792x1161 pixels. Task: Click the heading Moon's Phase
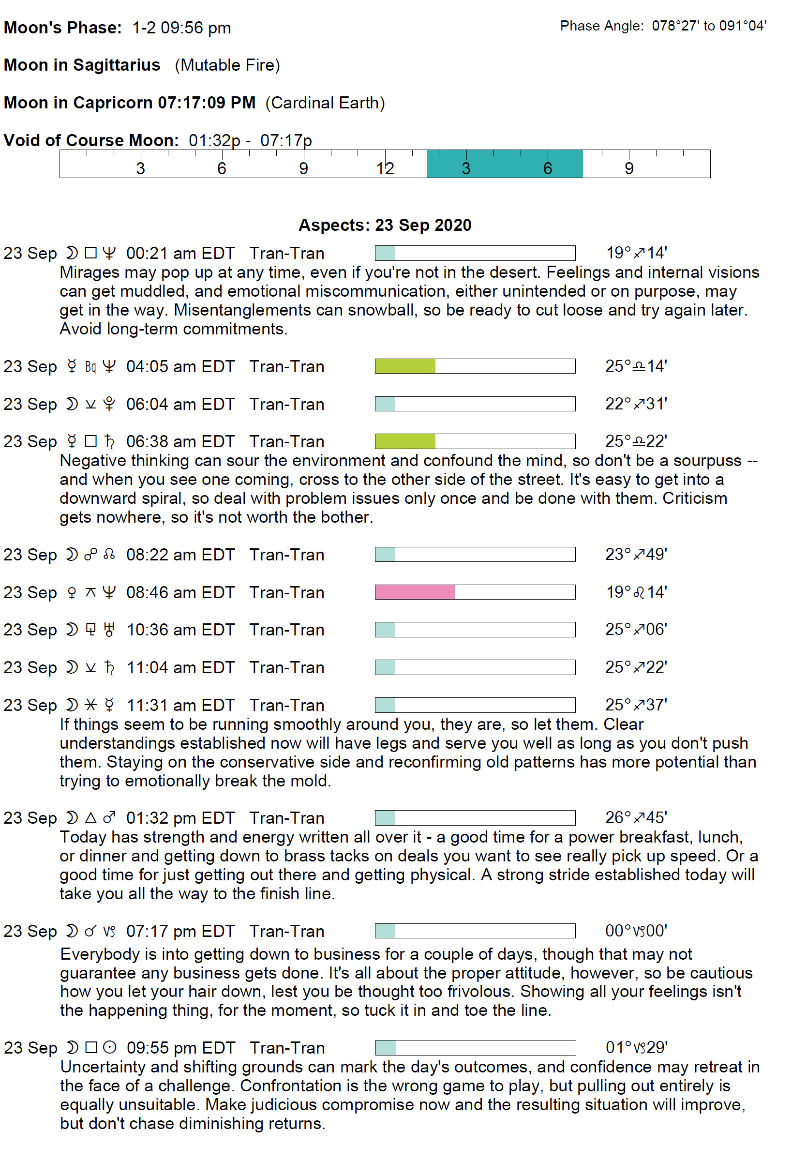pyautogui.click(x=62, y=28)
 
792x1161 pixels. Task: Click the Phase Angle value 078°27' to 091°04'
pyautogui.click(x=709, y=26)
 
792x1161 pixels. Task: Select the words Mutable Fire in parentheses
pyautogui.click(x=227, y=65)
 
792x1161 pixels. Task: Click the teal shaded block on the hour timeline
pyautogui.click(x=504, y=164)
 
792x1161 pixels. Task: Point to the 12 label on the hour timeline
pyautogui.click(x=385, y=169)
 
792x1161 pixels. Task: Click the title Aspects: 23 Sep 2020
pyautogui.click(x=385, y=226)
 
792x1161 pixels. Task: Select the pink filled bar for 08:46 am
pyautogui.click(x=415, y=592)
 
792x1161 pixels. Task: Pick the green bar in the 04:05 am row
pyautogui.click(x=405, y=366)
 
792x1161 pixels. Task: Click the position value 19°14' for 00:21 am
pyautogui.click(x=636, y=253)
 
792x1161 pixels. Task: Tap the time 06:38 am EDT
pyautogui.click(x=180, y=442)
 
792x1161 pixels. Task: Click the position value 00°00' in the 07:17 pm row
pyautogui.click(x=636, y=931)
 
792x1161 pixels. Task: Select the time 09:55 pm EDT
pyautogui.click(x=181, y=1048)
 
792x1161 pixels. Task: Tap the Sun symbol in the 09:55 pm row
pyautogui.click(x=109, y=1048)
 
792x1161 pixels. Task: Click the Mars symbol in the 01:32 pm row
pyautogui.click(x=109, y=818)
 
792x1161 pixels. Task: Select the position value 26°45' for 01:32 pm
pyautogui.click(x=636, y=818)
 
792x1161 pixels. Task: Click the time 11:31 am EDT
pyautogui.click(x=180, y=706)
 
